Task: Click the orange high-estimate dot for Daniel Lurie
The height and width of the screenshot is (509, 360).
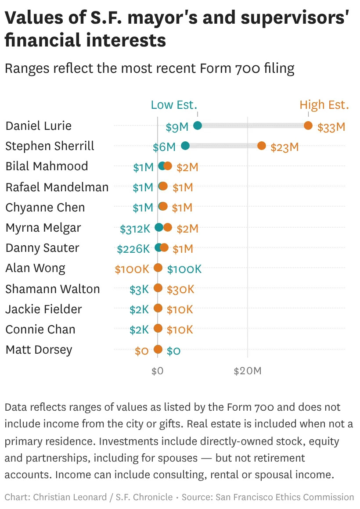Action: pos(308,125)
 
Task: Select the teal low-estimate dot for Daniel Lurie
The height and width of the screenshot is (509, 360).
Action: pos(198,125)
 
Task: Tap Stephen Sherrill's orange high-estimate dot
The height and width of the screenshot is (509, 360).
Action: pos(262,146)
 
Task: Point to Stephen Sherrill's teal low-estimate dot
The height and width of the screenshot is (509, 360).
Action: pos(185,146)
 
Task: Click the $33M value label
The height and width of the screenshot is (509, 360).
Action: pos(331,127)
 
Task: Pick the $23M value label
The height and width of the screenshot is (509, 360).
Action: pos(284,147)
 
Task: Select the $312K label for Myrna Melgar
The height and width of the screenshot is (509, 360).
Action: pos(135,228)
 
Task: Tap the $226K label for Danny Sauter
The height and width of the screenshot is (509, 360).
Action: pos(133,249)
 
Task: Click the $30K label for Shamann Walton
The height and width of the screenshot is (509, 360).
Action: pos(180,289)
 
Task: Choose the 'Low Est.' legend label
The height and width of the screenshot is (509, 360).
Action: pos(174,105)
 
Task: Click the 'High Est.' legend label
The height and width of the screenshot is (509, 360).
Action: pos(324,105)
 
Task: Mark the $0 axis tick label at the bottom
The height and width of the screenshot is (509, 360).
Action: pos(157,371)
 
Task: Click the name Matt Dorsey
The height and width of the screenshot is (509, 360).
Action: pos(39,350)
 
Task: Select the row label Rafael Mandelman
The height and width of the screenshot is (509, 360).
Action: pos(57,187)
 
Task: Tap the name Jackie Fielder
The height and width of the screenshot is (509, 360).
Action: pos(43,309)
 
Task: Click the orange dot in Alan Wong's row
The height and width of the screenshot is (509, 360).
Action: pos(158,268)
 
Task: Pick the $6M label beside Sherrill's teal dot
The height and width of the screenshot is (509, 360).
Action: pos(164,147)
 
